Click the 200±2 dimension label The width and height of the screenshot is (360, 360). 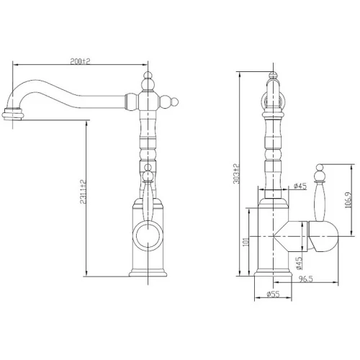pyautogui.click(x=80, y=61)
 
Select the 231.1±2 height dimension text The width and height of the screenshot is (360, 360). pyautogui.click(x=83, y=192)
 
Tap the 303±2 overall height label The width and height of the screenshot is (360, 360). pyautogui.click(x=237, y=174)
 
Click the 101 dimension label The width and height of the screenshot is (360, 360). pyautogui.click(x=245, y=242)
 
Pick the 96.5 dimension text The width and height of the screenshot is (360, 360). pyautogui.click(x=306, y=279)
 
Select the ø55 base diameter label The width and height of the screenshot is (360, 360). pyautogui.click(x=273, y=294)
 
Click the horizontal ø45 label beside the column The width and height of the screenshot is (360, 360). pyautogui.click(x=300, y=186)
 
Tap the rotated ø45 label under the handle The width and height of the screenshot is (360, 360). pyautogui.click(x=299, y=263)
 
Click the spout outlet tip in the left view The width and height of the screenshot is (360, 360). pyautogui.click(x=12, y=114)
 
